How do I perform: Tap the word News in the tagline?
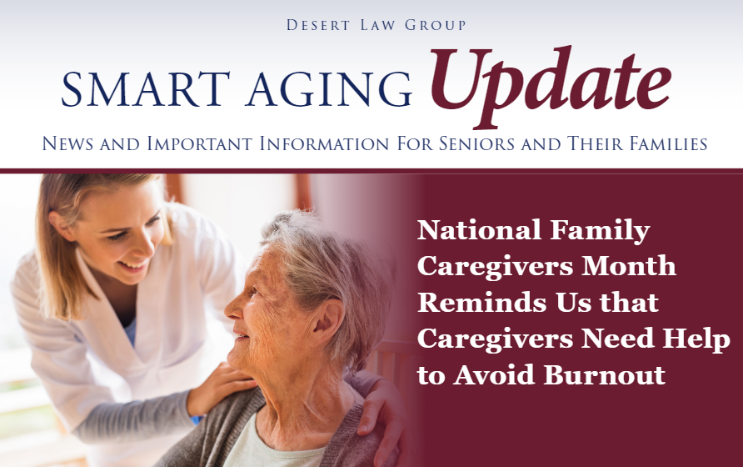(67, 143)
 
